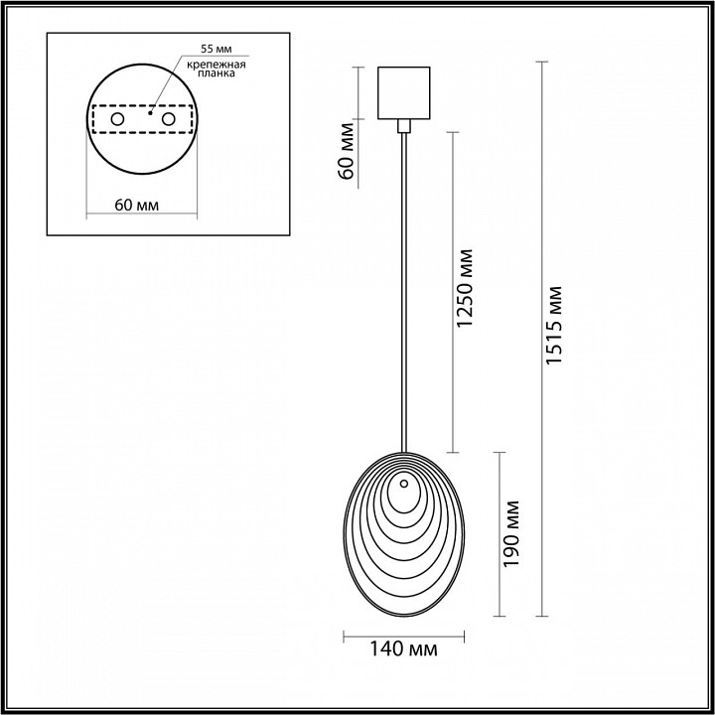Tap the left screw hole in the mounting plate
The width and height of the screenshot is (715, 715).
(x=117, y=119)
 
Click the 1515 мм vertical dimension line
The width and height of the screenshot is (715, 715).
(x=541, y=397)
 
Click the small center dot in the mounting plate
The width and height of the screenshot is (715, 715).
(x=149, y=113)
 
